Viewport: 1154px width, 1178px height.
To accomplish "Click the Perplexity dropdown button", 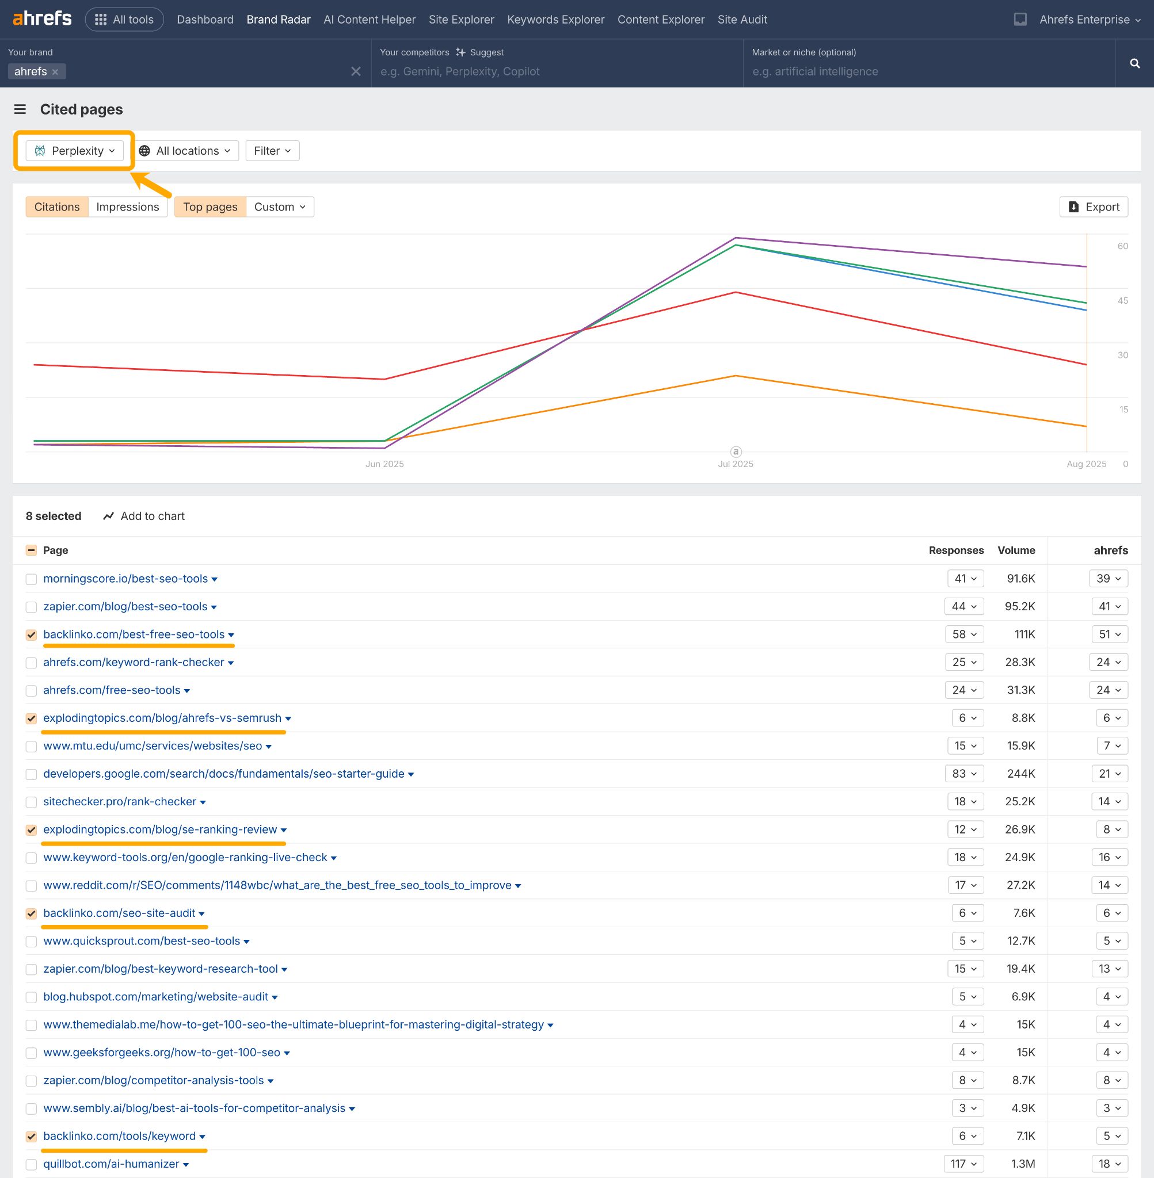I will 75,151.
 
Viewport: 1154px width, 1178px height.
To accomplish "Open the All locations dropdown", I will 186,151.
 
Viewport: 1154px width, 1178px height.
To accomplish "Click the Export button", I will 1094,207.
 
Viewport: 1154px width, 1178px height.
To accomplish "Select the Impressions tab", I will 127,207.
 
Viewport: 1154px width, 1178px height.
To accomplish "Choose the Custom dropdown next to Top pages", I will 279,207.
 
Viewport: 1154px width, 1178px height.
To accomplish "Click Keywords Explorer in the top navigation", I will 555,20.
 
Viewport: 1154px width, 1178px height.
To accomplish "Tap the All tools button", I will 124,20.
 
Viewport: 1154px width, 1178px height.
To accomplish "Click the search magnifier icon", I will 1134,64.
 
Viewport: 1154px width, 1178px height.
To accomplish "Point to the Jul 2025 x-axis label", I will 735,464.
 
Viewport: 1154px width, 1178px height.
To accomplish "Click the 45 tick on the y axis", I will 1122,300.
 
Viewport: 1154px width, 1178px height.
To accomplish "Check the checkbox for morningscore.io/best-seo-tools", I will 32,580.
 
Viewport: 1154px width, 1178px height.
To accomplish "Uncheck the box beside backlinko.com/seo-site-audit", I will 32,914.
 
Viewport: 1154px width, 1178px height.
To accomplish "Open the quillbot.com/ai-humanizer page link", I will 111,1164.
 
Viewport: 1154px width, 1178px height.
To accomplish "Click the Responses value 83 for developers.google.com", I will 963,774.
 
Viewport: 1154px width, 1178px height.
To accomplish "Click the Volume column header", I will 1016,550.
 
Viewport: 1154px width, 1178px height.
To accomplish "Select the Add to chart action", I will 144,516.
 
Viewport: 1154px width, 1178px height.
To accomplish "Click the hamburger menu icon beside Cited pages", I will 20,110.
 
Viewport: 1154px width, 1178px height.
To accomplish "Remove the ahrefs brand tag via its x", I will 55,72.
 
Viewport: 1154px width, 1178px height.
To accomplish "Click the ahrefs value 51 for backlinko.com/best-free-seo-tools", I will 1109,634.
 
